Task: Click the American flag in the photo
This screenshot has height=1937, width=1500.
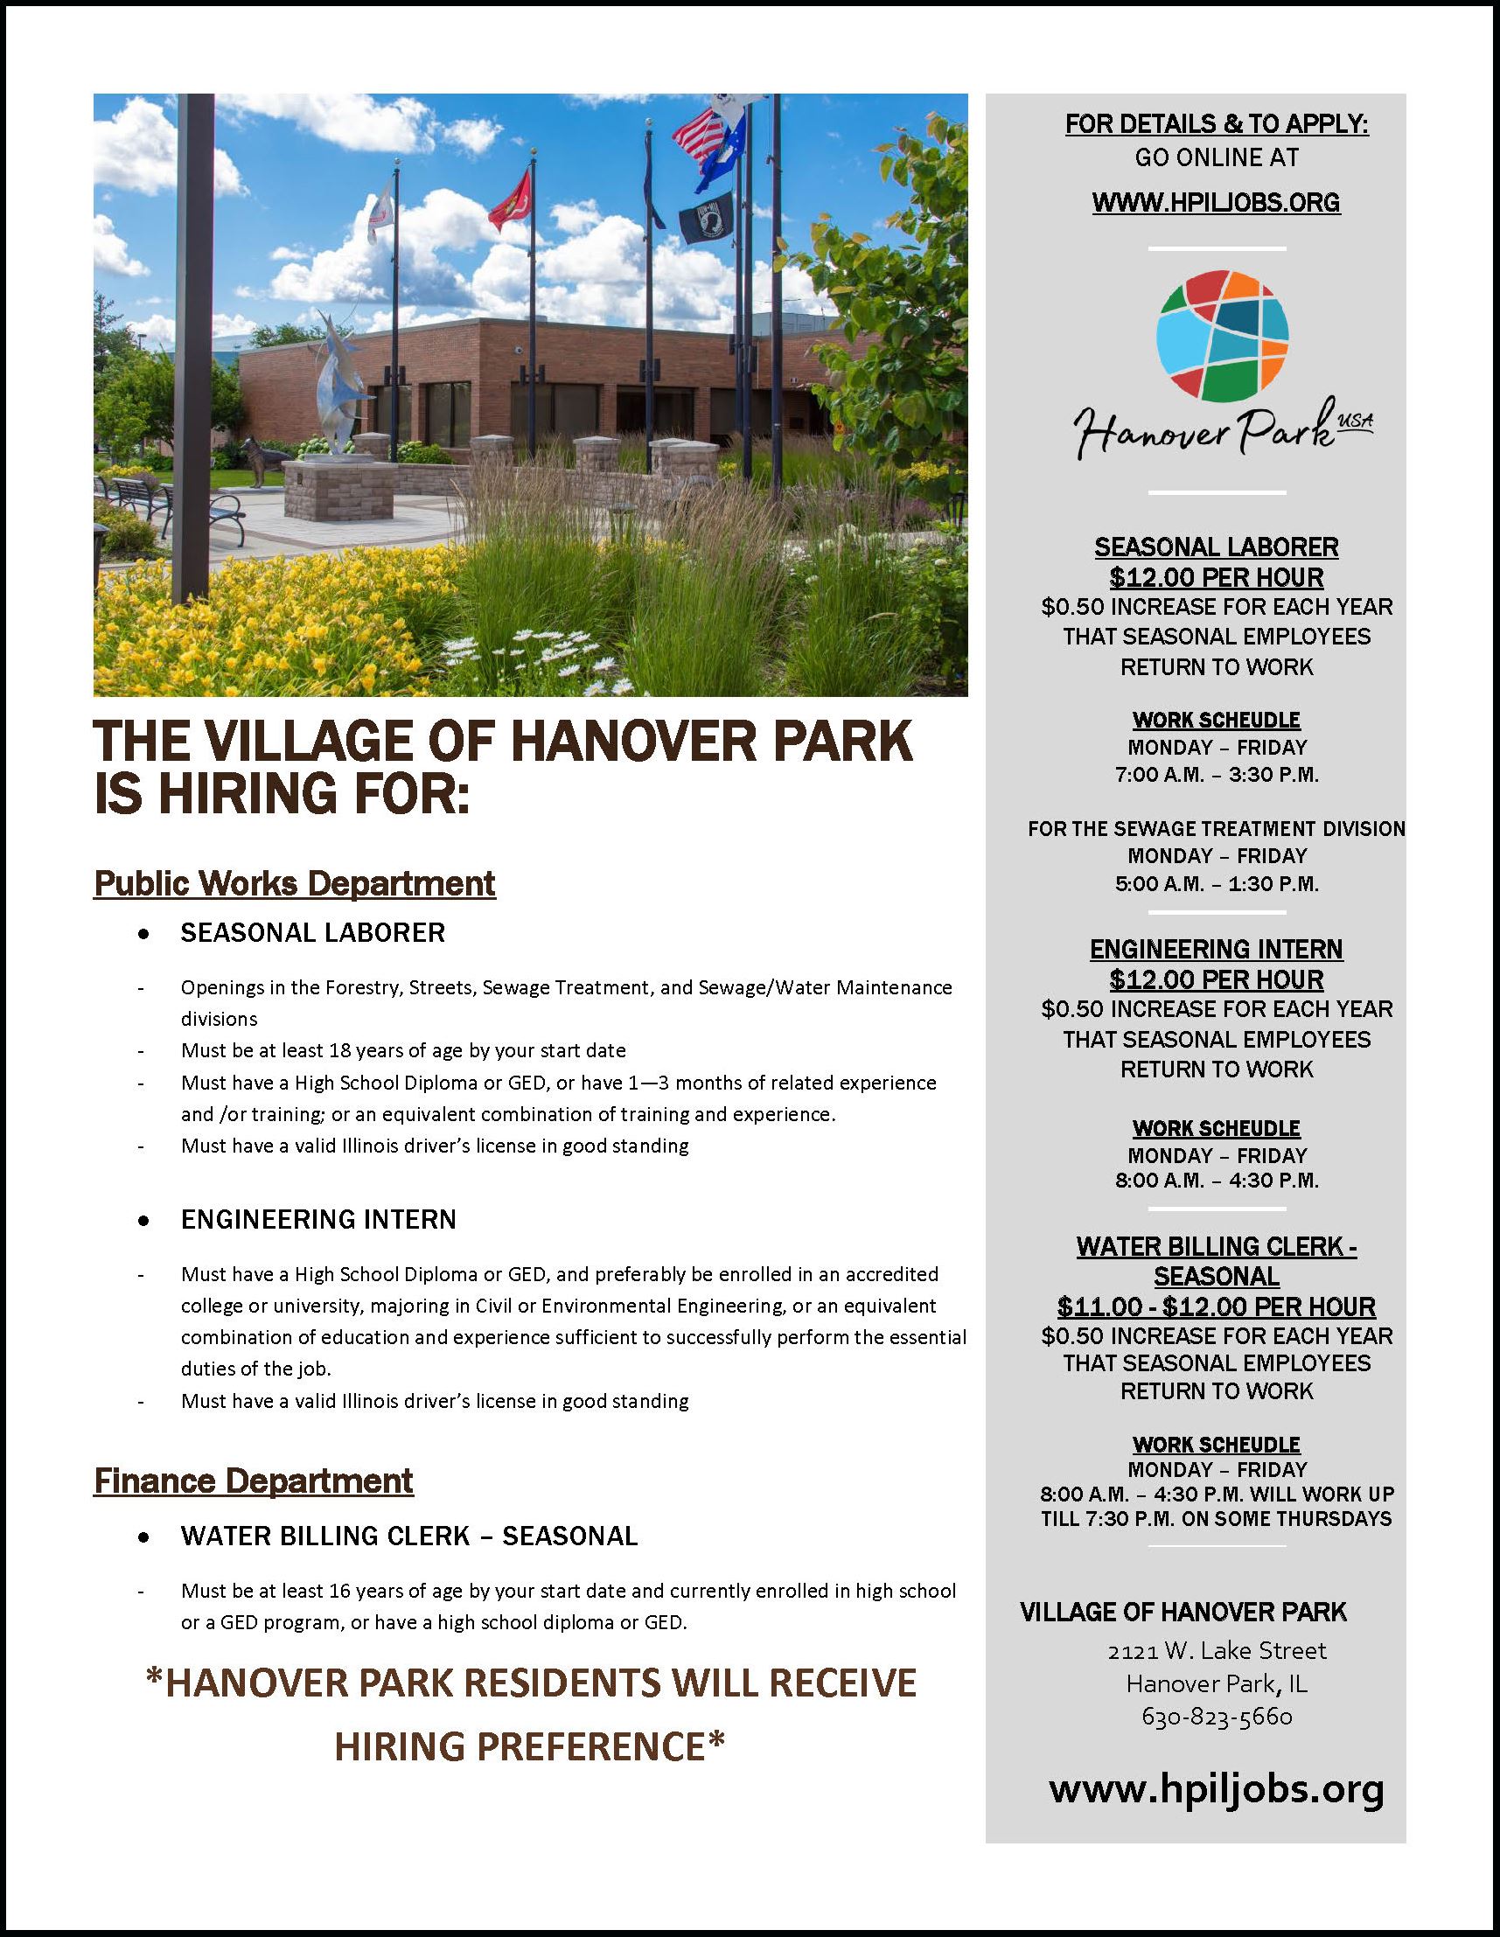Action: [698, 137]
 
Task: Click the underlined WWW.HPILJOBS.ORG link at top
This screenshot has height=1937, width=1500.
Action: [1216, 203]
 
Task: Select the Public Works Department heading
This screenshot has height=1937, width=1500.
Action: [295, 883]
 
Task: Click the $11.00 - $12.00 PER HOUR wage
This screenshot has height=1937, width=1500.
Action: [1216, 1306]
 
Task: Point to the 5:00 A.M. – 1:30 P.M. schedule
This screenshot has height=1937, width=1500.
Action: [1216, 884]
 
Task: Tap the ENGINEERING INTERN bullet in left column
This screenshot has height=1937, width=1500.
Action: [318, 1220]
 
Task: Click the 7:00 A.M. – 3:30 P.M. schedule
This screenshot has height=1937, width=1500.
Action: [1216, 774]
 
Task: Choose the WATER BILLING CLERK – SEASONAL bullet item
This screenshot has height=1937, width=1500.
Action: [409, 1536]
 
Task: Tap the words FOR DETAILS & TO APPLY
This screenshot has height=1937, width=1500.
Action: [1216, 125]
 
